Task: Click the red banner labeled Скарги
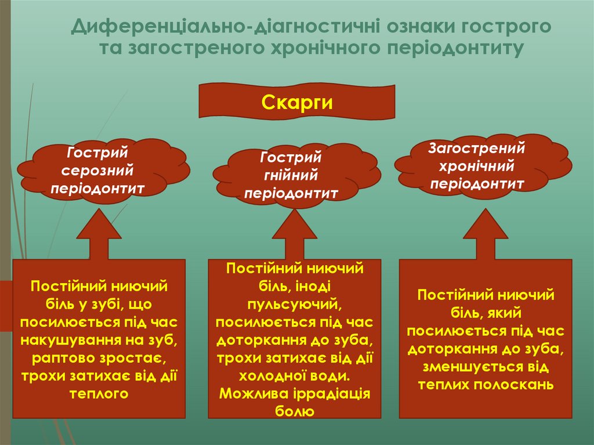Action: (x=296, y=102)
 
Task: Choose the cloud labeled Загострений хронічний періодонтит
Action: (x=477, y=166)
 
